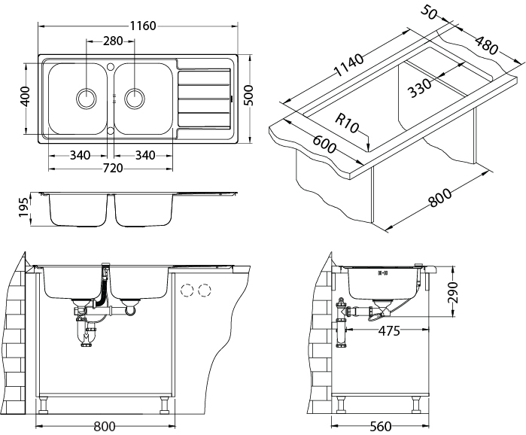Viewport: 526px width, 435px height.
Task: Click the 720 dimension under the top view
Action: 112,168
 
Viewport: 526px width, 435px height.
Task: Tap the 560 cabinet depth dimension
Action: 380,427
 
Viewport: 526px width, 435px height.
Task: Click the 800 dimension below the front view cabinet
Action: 105,427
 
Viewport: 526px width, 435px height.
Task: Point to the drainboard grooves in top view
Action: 203,98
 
